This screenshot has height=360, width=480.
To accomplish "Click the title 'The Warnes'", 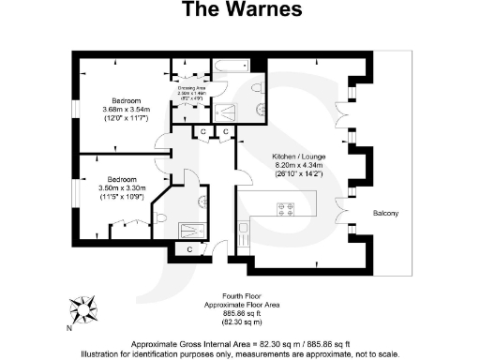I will [x=241, y=11].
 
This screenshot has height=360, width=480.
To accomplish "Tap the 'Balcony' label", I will [x=385, y=214].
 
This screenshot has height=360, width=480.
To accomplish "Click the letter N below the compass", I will [x=69, y=328].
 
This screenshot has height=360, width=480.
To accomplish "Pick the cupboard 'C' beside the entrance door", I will [x=189, y=249].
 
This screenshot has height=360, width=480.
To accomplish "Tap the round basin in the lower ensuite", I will [x=201, y=200].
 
